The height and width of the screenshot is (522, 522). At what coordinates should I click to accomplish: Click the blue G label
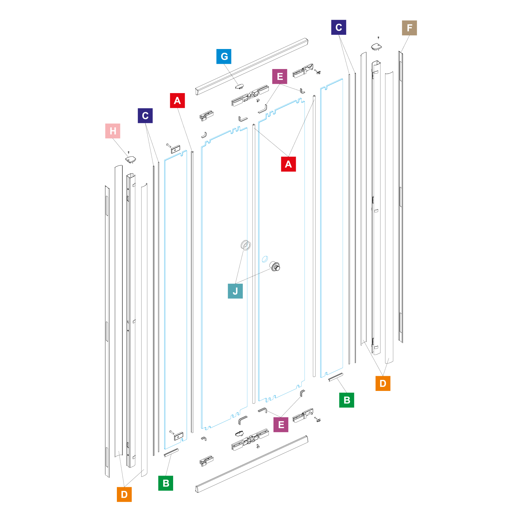point(224,57)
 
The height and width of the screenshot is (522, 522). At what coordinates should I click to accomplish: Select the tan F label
point(409,28)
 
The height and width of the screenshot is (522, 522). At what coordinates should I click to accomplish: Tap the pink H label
point(113,131)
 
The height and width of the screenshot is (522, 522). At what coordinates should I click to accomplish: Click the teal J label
point(235,291)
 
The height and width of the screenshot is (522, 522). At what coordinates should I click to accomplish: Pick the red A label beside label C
point(177,101)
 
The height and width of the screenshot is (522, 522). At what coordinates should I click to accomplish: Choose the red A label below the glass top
point(289,164)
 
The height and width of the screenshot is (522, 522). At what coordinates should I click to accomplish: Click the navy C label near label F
point(339,27)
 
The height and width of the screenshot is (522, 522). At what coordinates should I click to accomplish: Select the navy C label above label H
point(145,116)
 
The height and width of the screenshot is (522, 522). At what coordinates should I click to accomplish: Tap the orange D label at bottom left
point(124,494)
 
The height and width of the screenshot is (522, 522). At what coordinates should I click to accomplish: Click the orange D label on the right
point(383,383)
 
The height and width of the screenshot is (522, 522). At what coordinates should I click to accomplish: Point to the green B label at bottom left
point(166,483)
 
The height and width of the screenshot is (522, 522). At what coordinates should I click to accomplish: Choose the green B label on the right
point(347,400)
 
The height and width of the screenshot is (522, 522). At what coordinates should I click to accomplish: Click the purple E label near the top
point(280,77)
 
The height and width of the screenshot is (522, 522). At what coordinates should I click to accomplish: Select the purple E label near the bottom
point(281,425)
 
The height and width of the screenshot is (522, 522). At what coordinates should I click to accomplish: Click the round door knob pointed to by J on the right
point(275,266)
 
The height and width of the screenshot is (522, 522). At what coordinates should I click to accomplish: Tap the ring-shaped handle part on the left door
point(246,245)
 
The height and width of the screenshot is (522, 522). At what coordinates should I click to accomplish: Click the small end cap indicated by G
point(239,86)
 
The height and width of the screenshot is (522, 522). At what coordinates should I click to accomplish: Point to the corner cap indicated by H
point(130,159)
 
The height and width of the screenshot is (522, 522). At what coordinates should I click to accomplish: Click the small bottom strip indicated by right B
point(336,377)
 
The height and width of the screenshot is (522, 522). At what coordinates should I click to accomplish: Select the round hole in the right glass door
point(265,259)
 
